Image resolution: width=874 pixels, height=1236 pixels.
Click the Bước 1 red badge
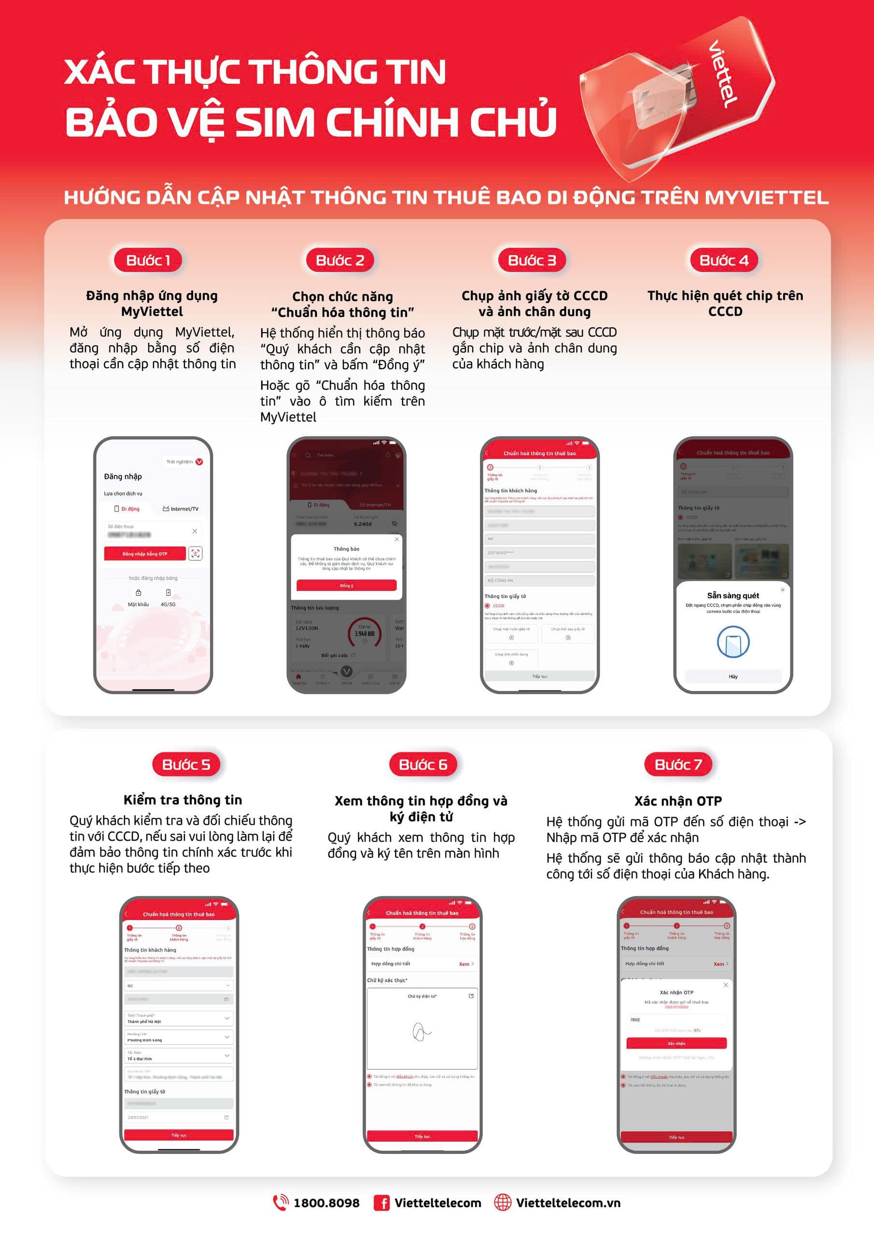[x=148, y=261]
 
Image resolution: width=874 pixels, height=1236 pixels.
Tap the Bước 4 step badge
[x=724, y=261]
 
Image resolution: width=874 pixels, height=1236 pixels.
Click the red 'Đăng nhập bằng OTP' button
[x=145, y=553]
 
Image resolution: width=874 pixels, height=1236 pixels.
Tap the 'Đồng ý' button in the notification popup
[x=346, y=585]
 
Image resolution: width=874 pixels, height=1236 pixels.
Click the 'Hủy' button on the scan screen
[x=733, y=676]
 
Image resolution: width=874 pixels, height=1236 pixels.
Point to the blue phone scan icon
[x=733, y=642]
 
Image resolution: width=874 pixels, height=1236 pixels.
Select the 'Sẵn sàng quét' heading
[x=733, y=595]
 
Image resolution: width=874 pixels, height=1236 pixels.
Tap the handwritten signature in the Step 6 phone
[x=421, y=1031]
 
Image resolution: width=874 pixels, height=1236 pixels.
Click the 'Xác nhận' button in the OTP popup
[x=677, y=1043]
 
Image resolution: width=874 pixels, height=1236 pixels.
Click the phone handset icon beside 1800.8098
[x=280, y=1203]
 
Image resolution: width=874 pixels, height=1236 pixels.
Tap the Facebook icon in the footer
[x=381, y=1203]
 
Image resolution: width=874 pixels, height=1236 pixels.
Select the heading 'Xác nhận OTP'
[x=677, y=801]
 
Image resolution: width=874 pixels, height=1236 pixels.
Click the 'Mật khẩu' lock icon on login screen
[x=139, y=593]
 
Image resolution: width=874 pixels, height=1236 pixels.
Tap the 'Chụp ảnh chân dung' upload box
[x=511, y=659]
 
